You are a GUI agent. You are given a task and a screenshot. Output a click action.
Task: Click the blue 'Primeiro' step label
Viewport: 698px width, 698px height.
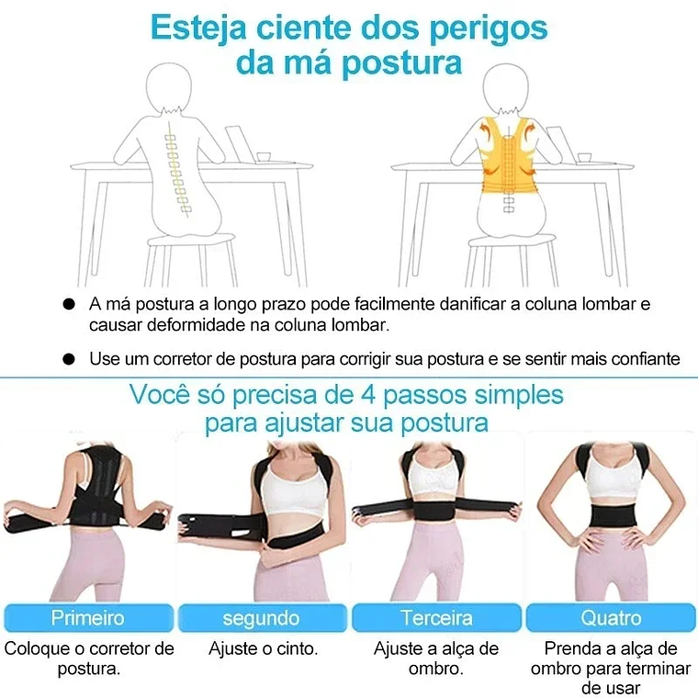pyautogui.click(x=87, y=617)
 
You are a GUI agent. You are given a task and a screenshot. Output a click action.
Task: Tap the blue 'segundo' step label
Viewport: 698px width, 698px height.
pyautogui.click(x=261, y=617)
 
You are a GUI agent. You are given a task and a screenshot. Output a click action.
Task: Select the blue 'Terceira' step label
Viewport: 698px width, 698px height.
pyautogui.click(x=436, y=617)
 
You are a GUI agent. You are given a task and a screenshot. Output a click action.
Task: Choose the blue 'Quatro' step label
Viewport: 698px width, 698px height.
pyautogui.click(x=611, y=617)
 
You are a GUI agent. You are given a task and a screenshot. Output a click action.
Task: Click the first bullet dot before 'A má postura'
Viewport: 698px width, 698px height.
pyautogui.click(x=69, y=303)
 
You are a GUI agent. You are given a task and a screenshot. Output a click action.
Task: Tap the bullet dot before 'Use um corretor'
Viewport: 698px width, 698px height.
pyautogui.click(x=69, y=358)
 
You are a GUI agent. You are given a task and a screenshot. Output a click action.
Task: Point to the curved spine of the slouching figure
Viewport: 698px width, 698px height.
pyautogui.click(x=174, y=170)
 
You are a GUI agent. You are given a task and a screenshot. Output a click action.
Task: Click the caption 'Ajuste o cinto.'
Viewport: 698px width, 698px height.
pyautogui.click(x=264, y=649)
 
